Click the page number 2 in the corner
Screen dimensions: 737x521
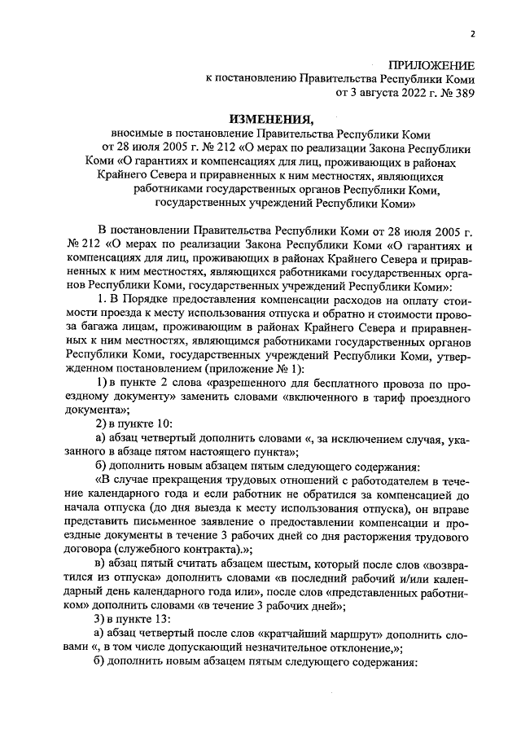[x=472, y=33]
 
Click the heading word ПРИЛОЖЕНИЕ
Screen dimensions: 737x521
[x=431, y=64]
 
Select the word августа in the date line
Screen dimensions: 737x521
[x=372, y=93]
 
